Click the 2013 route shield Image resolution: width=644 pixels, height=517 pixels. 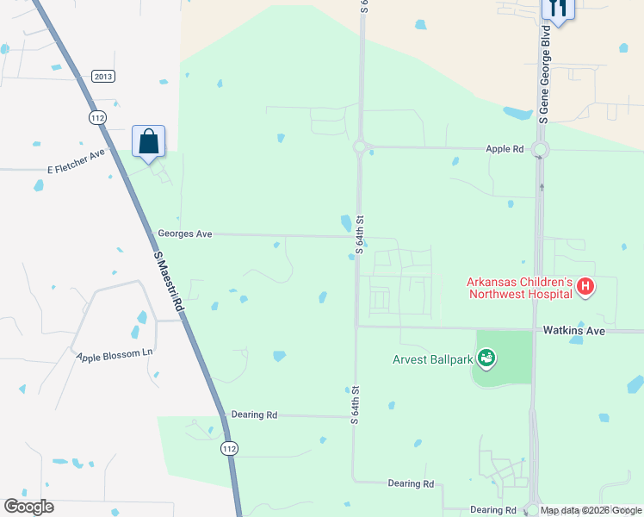(x=103, y=77)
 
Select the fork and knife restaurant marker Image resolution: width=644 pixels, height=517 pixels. (x=557, y=9)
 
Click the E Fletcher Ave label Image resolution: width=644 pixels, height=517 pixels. (x=76, y=161)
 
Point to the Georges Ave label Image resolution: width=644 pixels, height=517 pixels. (x=184, y=234)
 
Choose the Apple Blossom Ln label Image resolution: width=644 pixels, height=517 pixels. (x=115, y=355)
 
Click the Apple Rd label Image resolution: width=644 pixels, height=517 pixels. (x=505, y=149)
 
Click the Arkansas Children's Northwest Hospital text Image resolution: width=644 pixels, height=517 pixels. (x=519, y=287)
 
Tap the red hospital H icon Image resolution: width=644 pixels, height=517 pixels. (x=585, y=286)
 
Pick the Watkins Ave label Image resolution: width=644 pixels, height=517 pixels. (x=573, y=330)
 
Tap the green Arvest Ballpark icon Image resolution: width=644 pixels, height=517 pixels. (x=486, y=357)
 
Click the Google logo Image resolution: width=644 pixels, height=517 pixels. (x=29, y=507)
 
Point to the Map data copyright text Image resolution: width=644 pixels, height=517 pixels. (x=591, y=510)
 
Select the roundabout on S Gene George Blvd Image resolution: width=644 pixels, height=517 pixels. (x=540, y=151)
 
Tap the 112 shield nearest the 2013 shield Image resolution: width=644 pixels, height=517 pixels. (x=96, y=117)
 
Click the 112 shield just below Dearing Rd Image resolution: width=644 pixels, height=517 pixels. (x=228, y=448)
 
